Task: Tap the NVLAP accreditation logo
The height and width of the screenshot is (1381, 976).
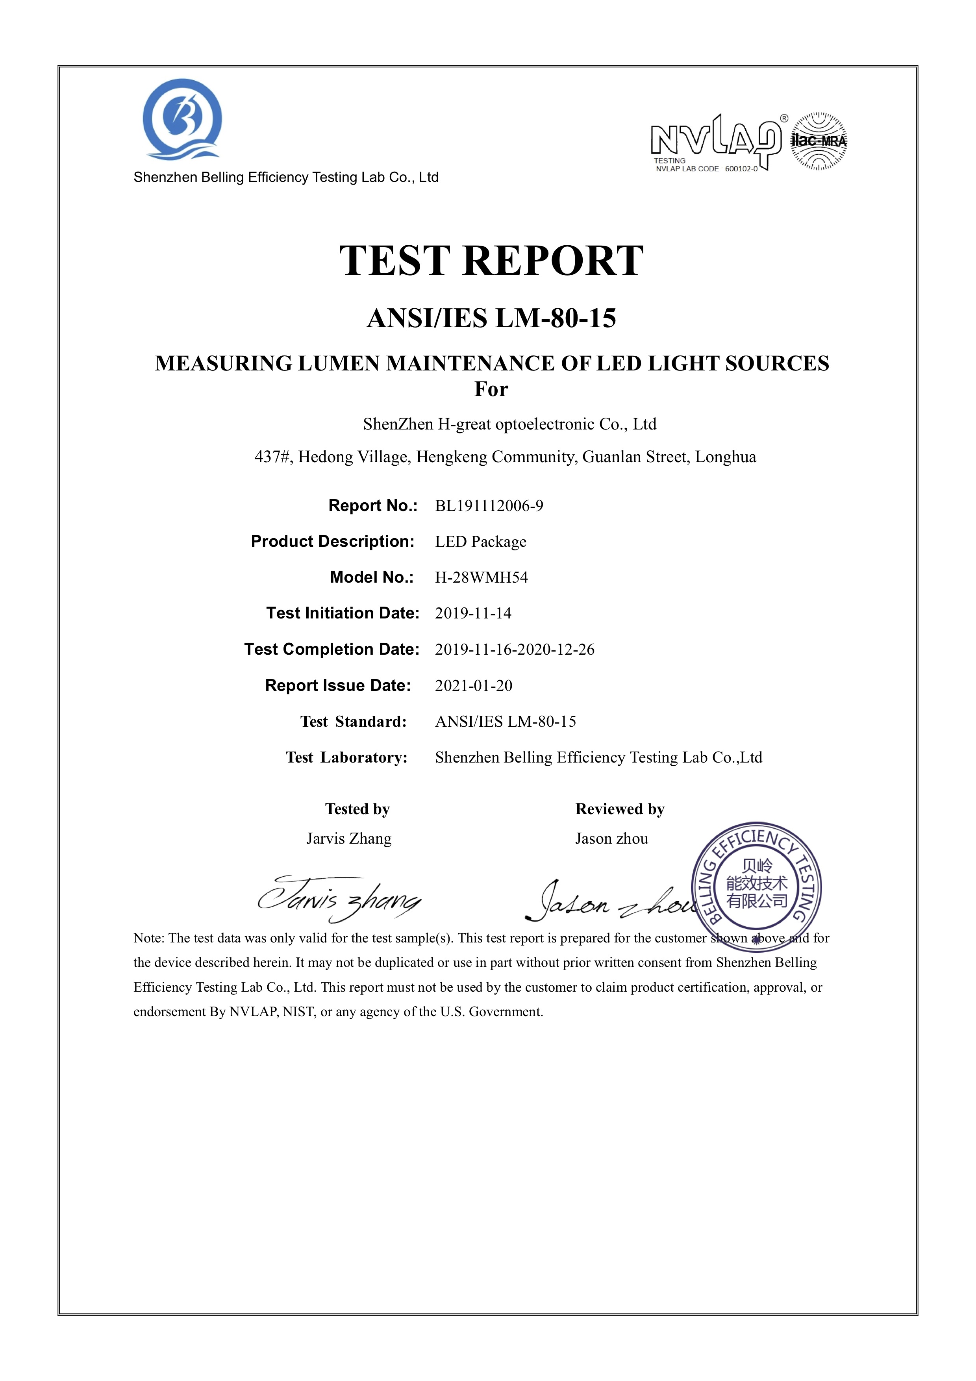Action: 716,141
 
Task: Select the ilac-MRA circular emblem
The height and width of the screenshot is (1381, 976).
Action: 819,141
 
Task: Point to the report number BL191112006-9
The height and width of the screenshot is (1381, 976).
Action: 489,506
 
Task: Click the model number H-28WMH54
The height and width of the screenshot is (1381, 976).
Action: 481,578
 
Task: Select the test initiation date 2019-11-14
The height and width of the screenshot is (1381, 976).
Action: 473,613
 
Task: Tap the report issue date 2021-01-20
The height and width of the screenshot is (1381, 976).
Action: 473,686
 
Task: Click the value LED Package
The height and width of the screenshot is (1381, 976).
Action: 480,542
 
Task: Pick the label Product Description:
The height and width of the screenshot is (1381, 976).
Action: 333,541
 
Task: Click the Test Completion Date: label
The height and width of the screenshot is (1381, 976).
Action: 332,650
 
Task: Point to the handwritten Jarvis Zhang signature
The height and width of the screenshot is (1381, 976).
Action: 339,899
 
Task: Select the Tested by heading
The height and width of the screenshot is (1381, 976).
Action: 357,809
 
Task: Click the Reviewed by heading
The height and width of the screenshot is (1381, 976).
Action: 619,809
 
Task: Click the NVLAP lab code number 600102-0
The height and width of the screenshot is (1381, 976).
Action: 741,169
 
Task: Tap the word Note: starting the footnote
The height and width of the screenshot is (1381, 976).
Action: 148,938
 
